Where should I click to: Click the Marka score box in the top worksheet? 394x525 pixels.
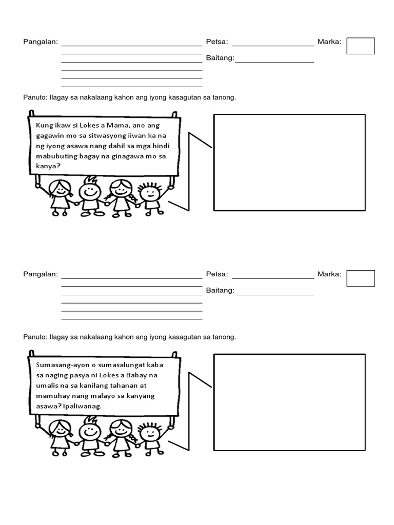click(361, 46)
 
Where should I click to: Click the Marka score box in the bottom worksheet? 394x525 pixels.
click(361, 278)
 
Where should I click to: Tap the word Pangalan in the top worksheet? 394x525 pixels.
click(41, 42)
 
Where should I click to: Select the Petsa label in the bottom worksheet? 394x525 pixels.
click(216, 274)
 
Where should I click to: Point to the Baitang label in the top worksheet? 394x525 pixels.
click(220, 58)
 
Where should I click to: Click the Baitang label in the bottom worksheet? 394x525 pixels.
click(220, 291)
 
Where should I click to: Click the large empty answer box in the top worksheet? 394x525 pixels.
click(289, 162)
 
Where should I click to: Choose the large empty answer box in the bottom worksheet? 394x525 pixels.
click(289, 402)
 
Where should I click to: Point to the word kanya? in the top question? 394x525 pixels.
click(46, 166)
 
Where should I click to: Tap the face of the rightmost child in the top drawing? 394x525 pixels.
click(150, 193)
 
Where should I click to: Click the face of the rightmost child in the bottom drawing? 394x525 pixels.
click(150, 433)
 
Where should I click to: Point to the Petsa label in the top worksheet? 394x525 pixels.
click(216, 42)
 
